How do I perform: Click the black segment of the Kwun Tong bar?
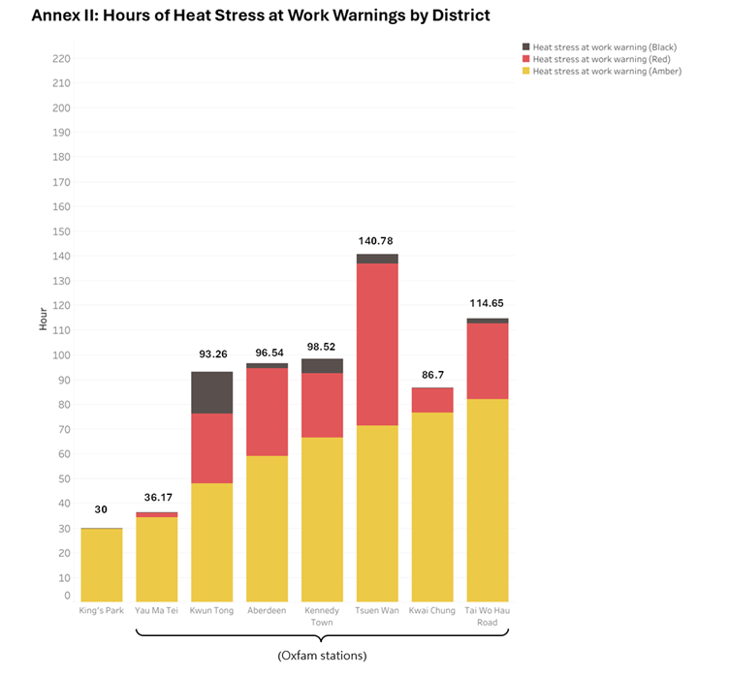[x=211, y=392]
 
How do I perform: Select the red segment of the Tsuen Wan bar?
[x=377, y=344]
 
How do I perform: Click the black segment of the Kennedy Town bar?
[x=322, y=366]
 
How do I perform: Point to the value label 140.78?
[x=377, y=241]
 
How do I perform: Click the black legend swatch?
[x=525, y=46]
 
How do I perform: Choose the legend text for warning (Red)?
[x=604, y=58]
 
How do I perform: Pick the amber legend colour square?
[x=525, y=71]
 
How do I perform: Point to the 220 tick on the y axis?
[x=61, y=59]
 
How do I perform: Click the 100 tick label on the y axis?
[x=61, y=355]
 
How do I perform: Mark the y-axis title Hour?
[x=43, y=320]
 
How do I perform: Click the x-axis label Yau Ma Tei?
[x=156, y=610]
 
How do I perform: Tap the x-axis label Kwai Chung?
[x=432, y=610]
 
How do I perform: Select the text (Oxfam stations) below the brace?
[x=322, y=656]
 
